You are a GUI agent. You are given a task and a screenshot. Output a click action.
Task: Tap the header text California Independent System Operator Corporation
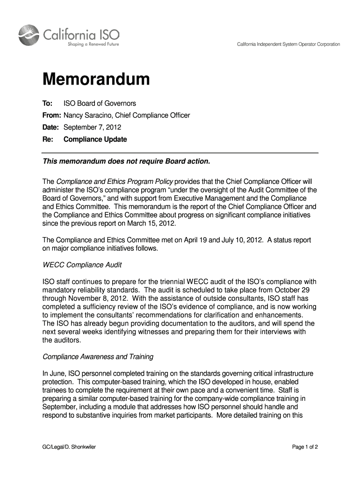point(288,44)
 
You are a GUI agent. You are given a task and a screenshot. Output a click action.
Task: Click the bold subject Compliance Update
point(95,139)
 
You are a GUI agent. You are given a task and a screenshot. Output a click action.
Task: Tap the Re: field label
point(48,139)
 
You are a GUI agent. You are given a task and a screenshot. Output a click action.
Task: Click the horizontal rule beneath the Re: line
point(180,152)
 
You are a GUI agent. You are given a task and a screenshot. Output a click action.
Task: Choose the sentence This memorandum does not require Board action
point(127,162)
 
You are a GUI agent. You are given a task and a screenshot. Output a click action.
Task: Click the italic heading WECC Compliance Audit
point(82,265)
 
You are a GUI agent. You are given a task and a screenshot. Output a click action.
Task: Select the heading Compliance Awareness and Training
point(98,357)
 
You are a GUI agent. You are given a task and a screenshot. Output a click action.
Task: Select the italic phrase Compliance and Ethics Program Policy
point(115,181)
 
